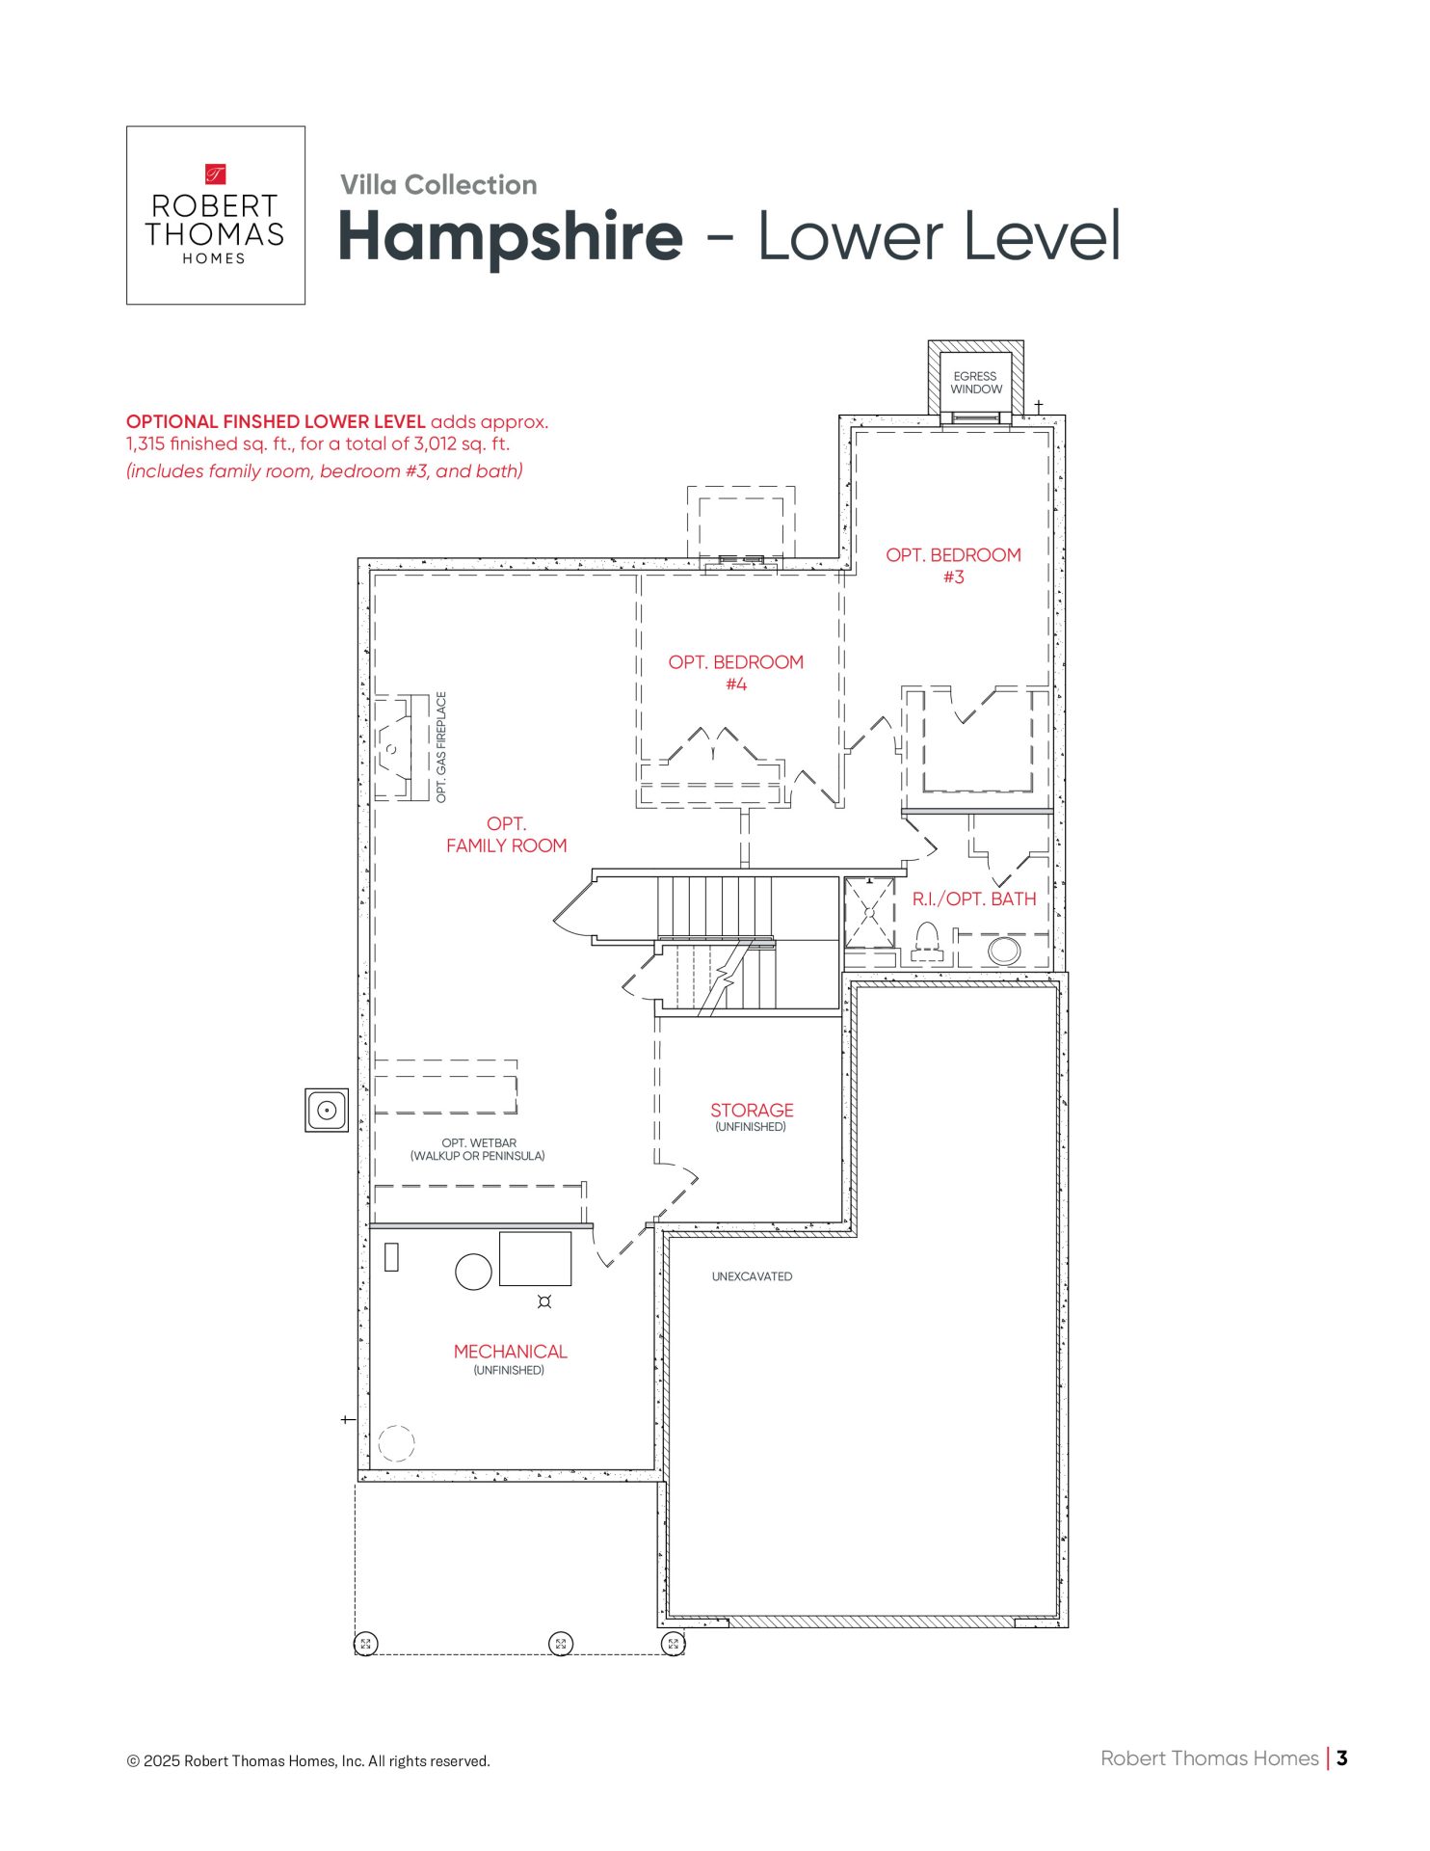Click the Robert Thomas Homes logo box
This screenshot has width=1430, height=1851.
click(215, 215)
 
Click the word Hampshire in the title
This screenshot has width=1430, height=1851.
click(510, 236)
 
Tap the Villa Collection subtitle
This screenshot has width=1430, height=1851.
click(438, 185)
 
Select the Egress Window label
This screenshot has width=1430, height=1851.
click(975, 383)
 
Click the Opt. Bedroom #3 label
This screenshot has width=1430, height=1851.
click(953, 566)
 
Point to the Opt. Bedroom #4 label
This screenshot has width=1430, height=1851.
click(735, 673)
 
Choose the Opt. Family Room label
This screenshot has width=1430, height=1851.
click(506, 835)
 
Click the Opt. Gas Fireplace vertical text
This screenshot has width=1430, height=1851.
click(441, 747)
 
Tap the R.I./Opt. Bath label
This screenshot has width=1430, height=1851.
click(973, 899)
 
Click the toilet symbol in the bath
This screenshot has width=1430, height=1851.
click(926, 940)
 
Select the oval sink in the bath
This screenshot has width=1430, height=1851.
click(1003, 950)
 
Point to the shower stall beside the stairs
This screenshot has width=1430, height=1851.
click(869, 911)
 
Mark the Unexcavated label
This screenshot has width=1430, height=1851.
click(752, 1276)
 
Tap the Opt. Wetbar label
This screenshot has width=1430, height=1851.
click(478, 1149)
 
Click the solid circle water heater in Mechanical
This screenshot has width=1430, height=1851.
click(473, 1272)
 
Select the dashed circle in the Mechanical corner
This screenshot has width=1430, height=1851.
click(396, 1443)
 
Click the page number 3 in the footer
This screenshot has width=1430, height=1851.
click(1341, 1757)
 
